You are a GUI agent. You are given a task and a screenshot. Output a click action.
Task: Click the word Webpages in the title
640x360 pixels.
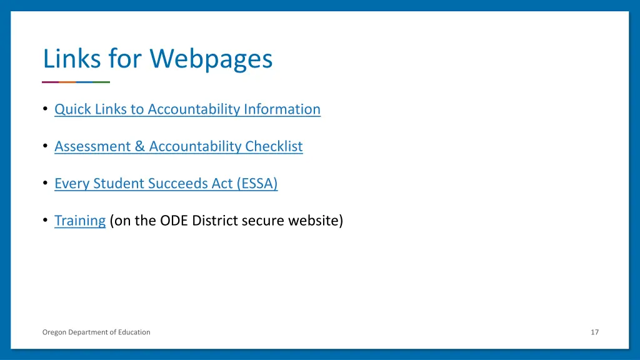[211, 59]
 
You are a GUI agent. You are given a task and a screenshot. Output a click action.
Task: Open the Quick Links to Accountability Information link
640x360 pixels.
[187, 109]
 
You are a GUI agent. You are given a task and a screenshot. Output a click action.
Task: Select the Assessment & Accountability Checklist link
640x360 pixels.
[178, 146]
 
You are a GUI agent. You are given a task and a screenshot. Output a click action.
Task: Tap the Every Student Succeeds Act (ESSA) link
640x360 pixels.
[166, 184]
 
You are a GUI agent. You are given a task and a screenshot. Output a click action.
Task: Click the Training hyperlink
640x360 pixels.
[79, 221]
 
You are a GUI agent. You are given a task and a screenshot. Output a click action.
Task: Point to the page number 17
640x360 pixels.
[594, 332]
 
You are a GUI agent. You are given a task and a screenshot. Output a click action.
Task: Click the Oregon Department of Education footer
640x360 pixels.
[96, 332]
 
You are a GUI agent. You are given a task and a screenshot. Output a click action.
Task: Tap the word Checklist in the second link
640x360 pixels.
[274, 146]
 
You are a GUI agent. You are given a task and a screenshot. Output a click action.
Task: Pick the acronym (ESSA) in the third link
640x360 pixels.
[257, 184]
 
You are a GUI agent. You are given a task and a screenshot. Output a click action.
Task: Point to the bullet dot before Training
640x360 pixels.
[46, 220]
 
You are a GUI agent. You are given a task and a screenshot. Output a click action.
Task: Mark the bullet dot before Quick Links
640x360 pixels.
[46, 109]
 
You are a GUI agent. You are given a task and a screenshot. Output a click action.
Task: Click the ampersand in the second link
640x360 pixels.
[140, 146]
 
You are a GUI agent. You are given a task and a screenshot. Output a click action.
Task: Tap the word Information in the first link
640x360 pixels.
[282, 109]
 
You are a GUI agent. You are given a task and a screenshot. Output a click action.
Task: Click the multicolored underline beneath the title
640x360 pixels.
[76, 82]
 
